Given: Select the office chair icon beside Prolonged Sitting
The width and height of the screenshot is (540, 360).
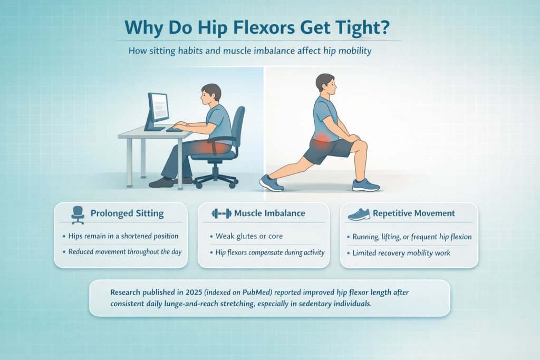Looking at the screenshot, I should (77, 213).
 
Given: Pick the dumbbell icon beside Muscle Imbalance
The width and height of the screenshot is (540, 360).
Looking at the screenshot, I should (221, 213).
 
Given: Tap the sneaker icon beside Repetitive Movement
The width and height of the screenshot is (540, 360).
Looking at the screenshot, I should (359, 213).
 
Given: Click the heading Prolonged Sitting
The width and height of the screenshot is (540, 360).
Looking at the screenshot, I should (127, 213).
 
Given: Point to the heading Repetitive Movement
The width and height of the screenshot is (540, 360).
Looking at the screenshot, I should (413, 213).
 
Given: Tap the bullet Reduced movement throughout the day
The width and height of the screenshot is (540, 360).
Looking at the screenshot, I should (125, 251).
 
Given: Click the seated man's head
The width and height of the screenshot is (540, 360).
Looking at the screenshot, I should (210, 94).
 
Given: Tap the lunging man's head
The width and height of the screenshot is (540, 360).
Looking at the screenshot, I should (324, 85).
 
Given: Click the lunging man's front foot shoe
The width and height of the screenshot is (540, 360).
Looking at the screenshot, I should (365, 184).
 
